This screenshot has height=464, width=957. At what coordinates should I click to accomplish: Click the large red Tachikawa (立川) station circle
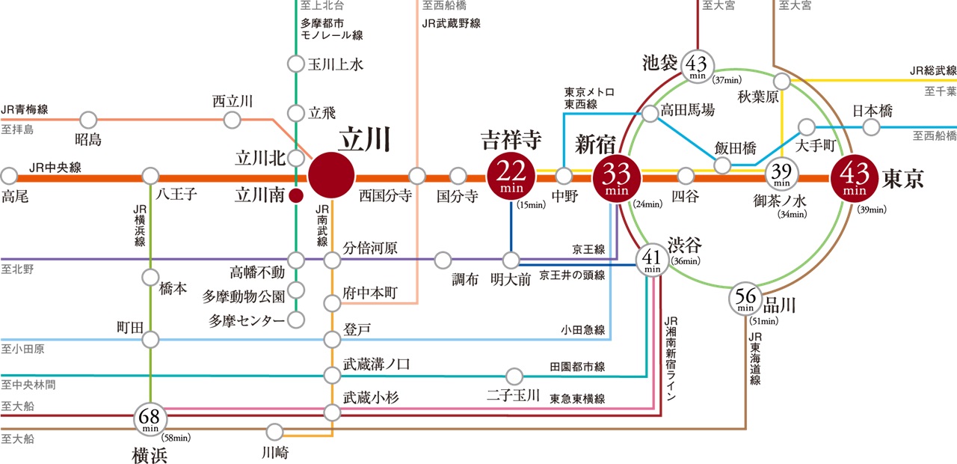coord(331,177)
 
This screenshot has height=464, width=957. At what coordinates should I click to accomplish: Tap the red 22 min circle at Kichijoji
coord(511,177)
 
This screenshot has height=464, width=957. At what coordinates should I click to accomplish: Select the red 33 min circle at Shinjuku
coord(618,177)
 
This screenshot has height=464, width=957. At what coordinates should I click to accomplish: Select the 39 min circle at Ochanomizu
coord(782,177)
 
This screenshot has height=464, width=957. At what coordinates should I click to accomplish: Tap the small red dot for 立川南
coord(296,197)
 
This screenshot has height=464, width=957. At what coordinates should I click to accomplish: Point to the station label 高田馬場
coord(687,110)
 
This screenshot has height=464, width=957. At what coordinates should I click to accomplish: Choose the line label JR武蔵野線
coord(451,23)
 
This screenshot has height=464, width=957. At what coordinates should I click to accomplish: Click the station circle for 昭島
coord(88,119)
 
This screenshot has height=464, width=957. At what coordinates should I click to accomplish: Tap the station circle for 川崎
coord(275,432)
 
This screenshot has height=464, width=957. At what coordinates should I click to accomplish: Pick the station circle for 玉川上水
coord(296,64)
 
